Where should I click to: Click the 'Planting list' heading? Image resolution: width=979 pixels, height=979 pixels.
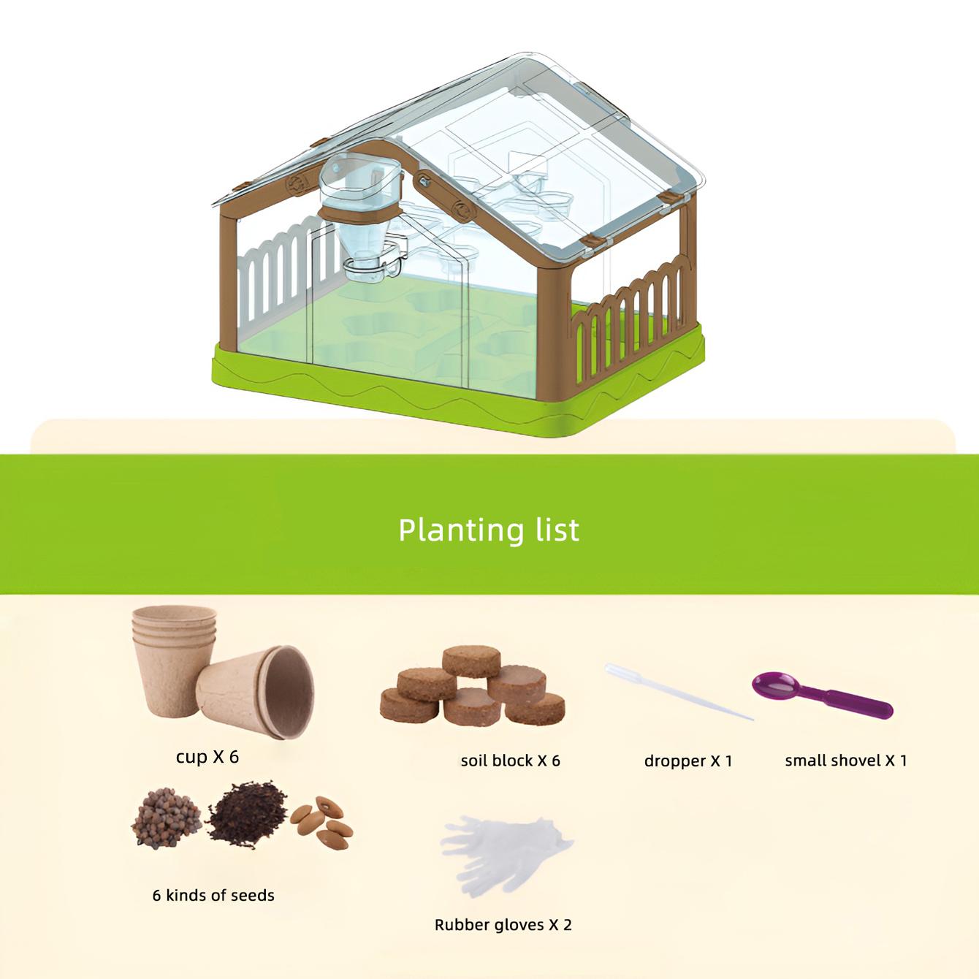tap(489, 530)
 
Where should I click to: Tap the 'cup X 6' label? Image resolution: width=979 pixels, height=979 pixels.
tap(207, 757)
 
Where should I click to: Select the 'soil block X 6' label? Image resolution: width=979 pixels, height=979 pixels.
tap(510, 761)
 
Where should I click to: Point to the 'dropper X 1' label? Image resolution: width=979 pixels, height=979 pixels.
tap(687, 761)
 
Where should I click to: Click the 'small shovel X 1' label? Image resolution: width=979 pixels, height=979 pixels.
tap(846, 761)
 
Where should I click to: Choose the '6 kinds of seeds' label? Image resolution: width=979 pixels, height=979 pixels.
tap(213, 895)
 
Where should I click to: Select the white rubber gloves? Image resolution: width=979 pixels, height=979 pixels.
tap(504, 853)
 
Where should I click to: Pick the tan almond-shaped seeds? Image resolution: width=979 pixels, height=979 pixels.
tap(324, 820)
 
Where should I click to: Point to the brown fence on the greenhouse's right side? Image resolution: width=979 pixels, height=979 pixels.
tap(628, 321)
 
